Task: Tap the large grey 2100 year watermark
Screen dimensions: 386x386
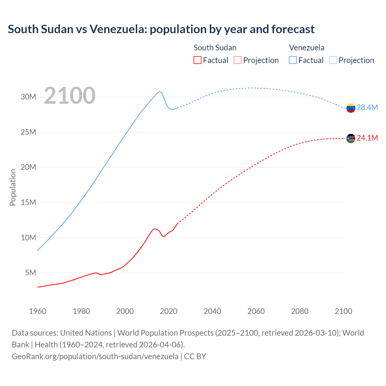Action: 70,96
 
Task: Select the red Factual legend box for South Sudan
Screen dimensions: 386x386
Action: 197,60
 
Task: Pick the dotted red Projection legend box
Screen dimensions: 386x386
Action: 238,60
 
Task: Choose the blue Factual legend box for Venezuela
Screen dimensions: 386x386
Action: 293,60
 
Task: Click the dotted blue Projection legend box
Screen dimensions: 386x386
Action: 333,60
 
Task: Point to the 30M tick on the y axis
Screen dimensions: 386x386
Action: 28,97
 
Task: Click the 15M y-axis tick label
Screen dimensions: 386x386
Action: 28,202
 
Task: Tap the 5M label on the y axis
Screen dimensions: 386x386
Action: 30,273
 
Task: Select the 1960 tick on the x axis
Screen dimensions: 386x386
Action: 38,311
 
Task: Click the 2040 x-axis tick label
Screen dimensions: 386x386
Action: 212,311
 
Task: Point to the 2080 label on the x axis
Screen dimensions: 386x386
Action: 300,311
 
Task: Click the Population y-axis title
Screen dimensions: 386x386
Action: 13,187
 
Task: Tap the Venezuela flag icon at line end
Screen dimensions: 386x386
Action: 351,108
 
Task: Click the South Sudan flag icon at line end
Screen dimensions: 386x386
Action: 351,138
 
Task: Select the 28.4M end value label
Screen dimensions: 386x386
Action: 367,107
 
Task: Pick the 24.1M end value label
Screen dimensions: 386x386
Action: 367,138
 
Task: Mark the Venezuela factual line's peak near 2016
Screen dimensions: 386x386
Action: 160,91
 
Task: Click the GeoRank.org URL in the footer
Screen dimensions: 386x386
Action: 95,356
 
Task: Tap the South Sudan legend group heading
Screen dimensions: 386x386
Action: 215,48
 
